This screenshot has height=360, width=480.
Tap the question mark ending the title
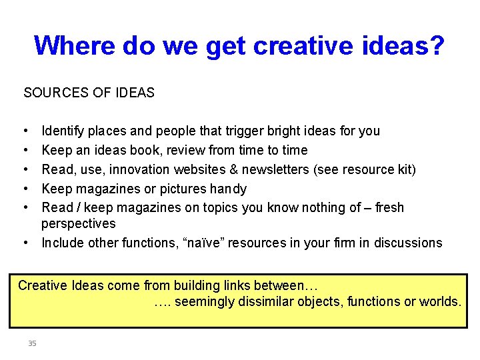pos(437,45)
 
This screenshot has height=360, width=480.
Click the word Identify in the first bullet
pos(63,131)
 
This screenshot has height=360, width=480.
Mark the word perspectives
pos(79,223)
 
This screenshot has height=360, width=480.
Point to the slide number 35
pos(32,343)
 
